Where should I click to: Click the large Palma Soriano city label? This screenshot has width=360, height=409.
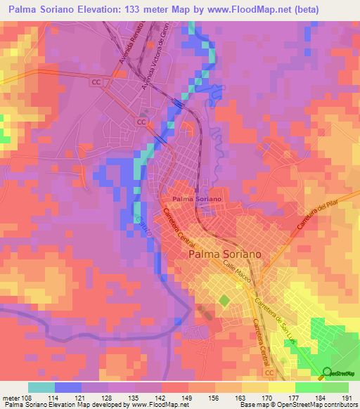point(225,254)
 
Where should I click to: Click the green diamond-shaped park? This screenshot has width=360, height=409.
point(224,301)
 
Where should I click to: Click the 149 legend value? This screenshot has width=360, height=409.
point(187,398)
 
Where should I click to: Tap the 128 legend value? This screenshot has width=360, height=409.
point(108,398)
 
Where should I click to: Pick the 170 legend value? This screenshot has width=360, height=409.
point(267,398)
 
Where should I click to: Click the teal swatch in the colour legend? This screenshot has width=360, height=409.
point(41,387)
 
